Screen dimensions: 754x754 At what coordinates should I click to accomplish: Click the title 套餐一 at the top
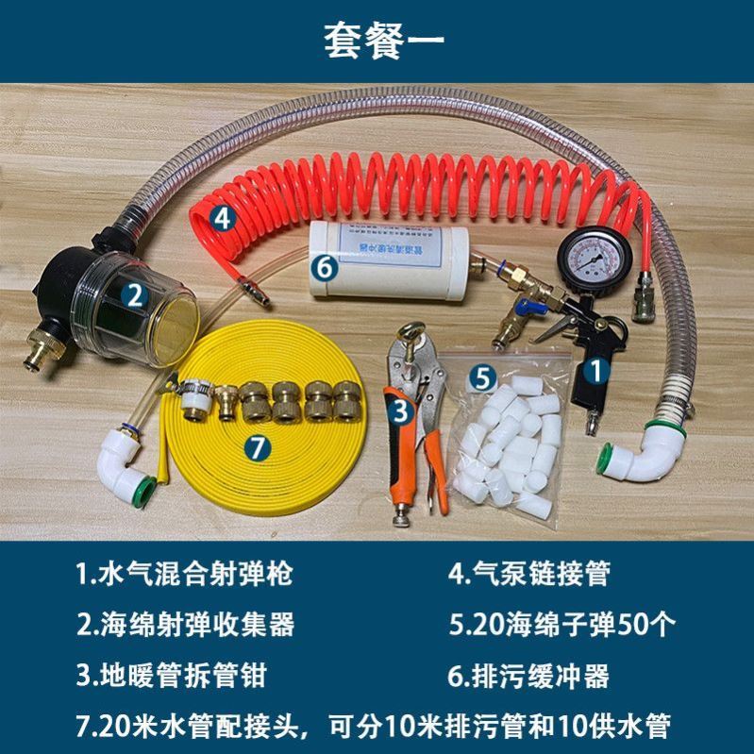click(x=377, y=40)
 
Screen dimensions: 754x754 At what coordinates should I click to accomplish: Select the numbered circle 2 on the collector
click(x=136, y=297)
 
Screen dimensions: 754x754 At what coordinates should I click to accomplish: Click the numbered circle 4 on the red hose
click(x=221, y=217)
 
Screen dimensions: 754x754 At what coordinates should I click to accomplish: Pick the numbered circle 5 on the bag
click(x=483, y=379)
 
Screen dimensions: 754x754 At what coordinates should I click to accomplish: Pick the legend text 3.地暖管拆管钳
click(x=174, y=676)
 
